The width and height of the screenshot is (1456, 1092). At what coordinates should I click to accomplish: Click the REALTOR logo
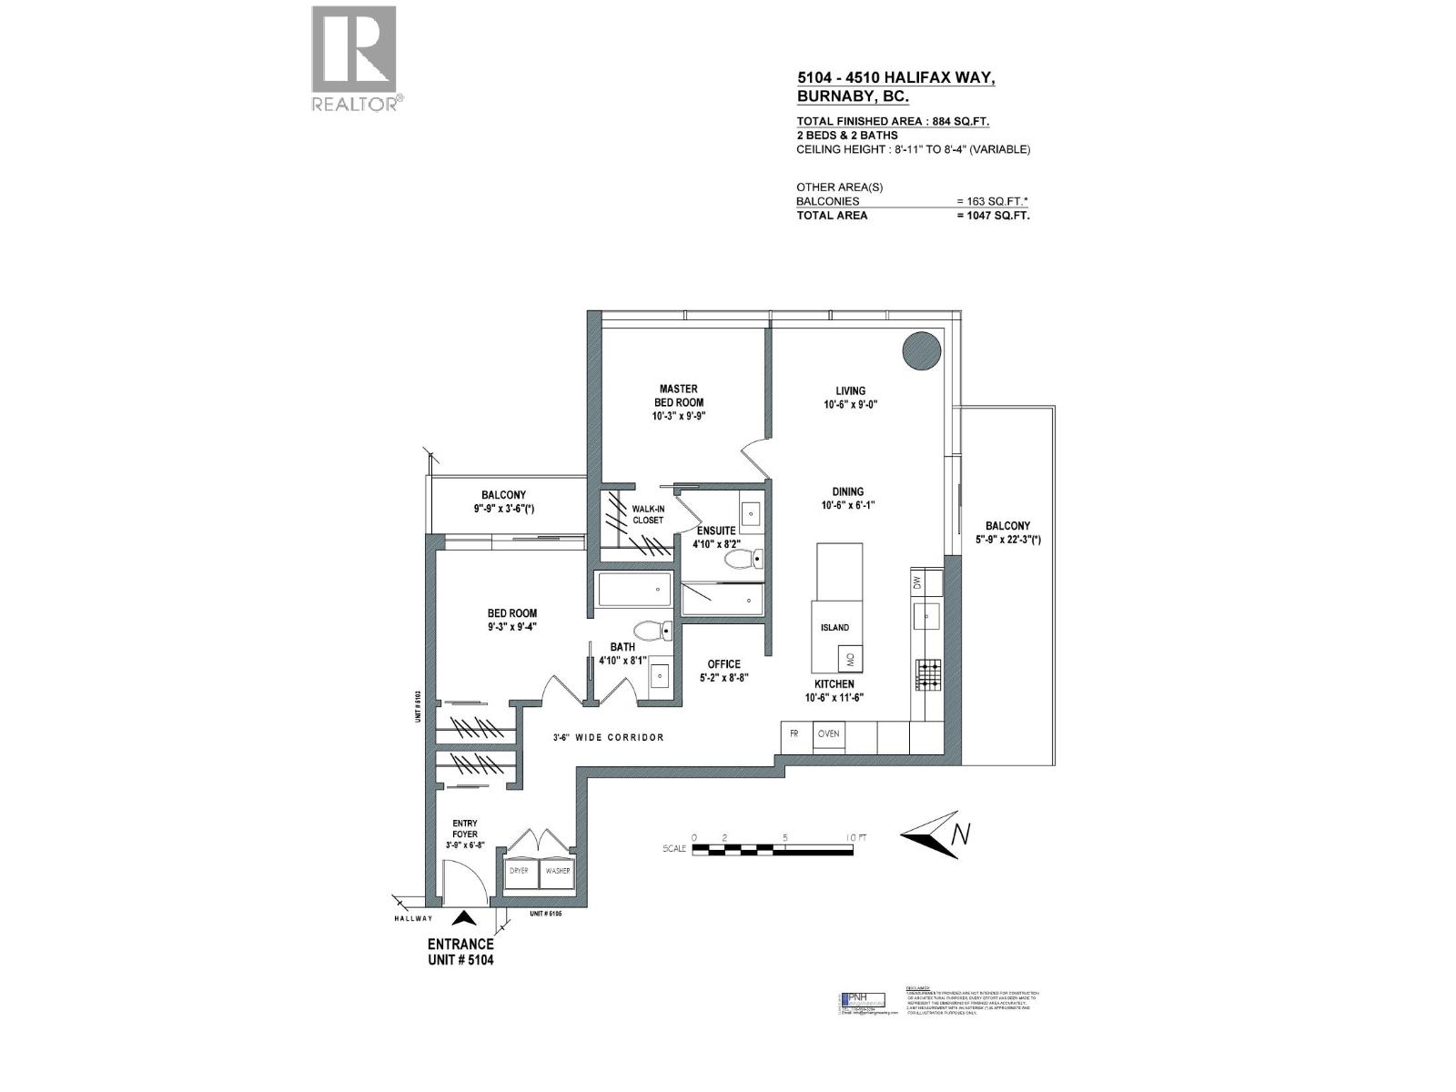pyautogui.click(x=354, y=57)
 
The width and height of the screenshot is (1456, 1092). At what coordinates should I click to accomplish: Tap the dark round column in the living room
pyautogui.click(x=920, y=351)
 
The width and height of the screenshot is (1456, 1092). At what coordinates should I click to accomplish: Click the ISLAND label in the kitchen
pyautogui.click(x=834, y=627)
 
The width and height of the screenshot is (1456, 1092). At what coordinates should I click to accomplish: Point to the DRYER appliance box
pyautogui.click(x=519, y=871)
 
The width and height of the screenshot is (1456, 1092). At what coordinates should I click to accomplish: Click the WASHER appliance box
pyautogui.click(x=557, y=871)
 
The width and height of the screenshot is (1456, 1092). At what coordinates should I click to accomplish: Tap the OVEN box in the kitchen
pyautogui.click(x=828, y=733)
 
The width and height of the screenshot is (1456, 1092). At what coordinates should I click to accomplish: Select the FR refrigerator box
pyautogui.click(x=794, y=733)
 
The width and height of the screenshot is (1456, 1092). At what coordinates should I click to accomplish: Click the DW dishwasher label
pyautogui.click(x=916, y=581)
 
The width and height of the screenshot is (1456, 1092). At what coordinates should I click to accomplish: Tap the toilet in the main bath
pyautogui.click(x=651, y=630)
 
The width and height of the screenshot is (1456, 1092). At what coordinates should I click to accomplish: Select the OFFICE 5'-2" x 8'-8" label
pyautogui.click(x=723, y=670)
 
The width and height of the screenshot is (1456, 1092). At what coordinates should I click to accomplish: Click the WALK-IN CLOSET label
pyautogui.click(x=648, y=515)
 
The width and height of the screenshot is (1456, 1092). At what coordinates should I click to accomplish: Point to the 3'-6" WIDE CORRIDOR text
pyautogui.click(x=609, y=737)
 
